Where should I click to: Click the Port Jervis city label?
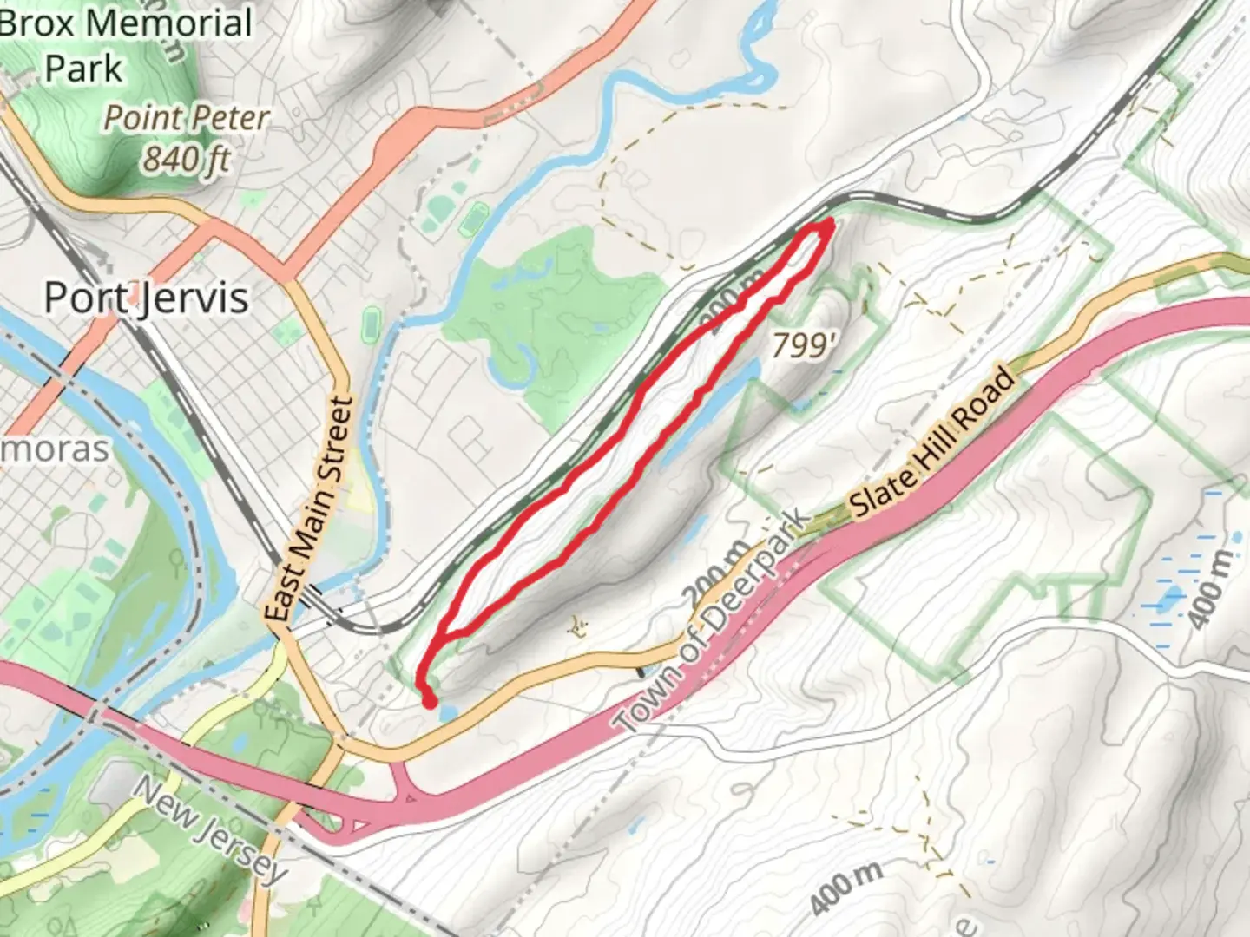click(146, 298)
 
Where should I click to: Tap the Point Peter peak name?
click(186, 118)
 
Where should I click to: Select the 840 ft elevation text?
click(187, 159)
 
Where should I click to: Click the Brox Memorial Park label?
click(126, 45)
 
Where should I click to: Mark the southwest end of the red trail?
click(429, 701)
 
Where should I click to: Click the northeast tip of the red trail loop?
click(828, 225)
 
